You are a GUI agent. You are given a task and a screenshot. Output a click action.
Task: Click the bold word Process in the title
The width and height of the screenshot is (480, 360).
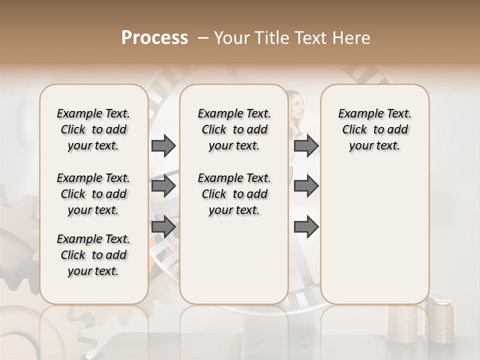[x=154, y=38]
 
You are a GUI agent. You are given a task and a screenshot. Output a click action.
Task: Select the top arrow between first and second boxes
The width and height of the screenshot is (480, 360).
[x=163, y=145]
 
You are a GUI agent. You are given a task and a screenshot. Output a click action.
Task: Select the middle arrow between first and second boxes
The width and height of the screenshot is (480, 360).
[x=163, y=186]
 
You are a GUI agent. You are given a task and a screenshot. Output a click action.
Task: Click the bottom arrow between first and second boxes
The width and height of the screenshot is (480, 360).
[x=163, y=227]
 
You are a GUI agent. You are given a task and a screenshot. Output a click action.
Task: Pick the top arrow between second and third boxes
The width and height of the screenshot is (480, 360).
[x=306, y=145]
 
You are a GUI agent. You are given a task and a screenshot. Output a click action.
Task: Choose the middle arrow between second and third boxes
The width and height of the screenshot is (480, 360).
[x=306, y=186]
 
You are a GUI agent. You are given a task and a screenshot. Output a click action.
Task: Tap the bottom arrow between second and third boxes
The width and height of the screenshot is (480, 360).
[x=306, y=227]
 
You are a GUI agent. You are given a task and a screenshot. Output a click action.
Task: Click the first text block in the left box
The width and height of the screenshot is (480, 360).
[x=93, y=129]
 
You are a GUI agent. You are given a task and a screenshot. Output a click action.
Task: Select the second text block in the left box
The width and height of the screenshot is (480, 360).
[x=93, y=194]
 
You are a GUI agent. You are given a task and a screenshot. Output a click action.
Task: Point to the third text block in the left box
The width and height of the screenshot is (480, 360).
[x=93, y=255]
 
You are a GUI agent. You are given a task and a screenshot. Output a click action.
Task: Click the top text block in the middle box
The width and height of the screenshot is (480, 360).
[x=234, y=129]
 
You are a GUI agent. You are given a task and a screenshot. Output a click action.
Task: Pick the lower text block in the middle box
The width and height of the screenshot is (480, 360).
[x=234, y=194]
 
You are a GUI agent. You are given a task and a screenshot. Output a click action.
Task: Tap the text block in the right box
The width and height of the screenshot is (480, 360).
[x=374, y=129]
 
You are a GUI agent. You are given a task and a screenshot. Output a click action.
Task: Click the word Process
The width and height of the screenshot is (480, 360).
[x=154, y=38]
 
